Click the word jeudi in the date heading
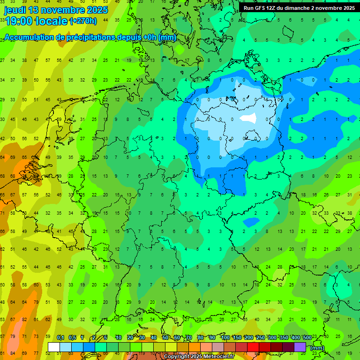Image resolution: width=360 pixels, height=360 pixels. tap(16, 10)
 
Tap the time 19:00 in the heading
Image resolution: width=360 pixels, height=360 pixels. tap(19, 21)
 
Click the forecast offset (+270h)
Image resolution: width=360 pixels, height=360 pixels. tap(83, 21)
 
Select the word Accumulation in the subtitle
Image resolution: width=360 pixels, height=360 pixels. tap(31, 38)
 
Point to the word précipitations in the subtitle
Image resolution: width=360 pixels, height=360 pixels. tap(87, 38)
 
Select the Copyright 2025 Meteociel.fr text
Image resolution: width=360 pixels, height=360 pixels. tap(199, 357)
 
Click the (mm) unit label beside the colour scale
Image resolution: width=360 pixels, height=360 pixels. tap(317, 348)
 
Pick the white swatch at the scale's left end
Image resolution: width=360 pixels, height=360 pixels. tap(54, 347)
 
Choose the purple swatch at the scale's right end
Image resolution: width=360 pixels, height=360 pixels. tap(300, 347)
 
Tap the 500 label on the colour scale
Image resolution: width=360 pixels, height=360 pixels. tap(307, 337)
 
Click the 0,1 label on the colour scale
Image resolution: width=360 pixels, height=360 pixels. tap(60, 337)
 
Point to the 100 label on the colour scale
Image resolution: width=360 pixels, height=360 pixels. tap(225, 337)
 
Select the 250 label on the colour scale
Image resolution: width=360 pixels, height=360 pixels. tap(260, 337)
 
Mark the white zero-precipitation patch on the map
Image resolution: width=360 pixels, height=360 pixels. tap(248, 118)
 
